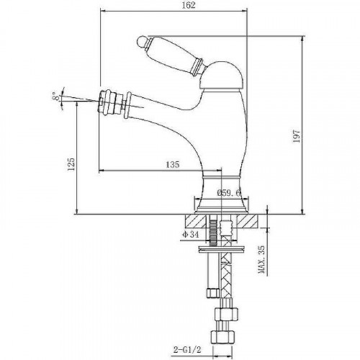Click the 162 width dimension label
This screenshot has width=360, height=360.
[189, 5]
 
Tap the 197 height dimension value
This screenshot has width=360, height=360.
[297, 136]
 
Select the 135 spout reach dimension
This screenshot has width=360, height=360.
[173, 165]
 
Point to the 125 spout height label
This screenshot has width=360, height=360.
[71, 164]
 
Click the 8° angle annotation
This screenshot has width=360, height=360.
[55, 96]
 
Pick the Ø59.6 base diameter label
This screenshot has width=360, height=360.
[228, 193]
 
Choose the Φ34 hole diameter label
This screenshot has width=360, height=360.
[190, 234]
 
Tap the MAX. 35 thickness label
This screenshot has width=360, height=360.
[261, 259]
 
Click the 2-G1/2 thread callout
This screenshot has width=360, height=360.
[187, 349]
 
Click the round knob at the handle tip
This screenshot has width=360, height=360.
[143, 41]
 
